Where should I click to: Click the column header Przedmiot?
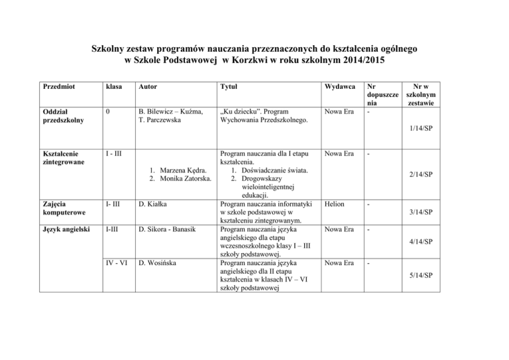click(x=58, y=87)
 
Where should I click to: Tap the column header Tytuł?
click(x=229, y=87)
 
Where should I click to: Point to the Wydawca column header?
click(x=340, y=87)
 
